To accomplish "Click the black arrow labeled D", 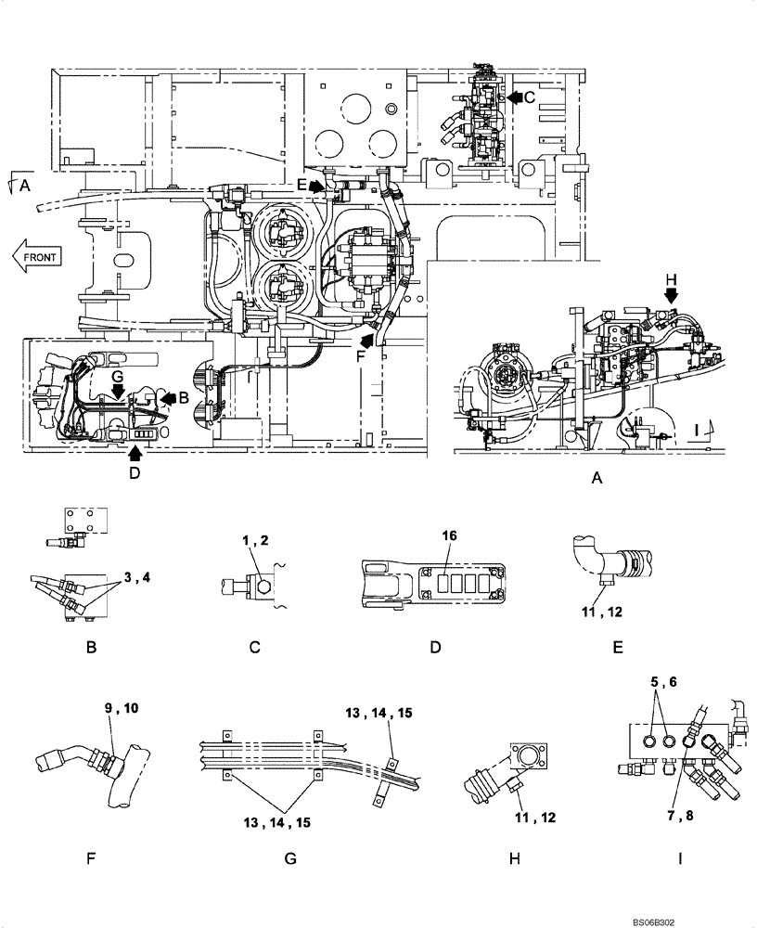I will [x=135, y=453].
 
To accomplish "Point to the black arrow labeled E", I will [x=317, y=186].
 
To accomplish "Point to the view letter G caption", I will [x=290, y=858].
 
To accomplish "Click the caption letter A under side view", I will [x=597, y=478].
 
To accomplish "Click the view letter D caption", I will [x=435, y=647].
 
